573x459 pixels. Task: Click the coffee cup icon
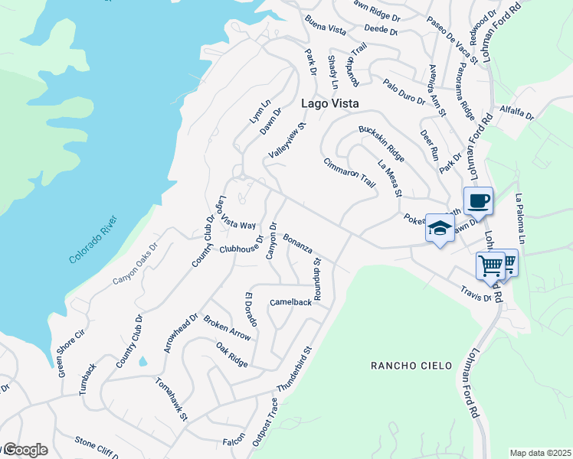478,201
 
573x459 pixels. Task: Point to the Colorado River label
94,240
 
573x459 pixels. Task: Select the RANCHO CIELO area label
411,366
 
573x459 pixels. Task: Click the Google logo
25,450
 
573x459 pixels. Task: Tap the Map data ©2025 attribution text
539,453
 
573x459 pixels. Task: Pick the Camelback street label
291,302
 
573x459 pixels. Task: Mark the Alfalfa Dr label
516,112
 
